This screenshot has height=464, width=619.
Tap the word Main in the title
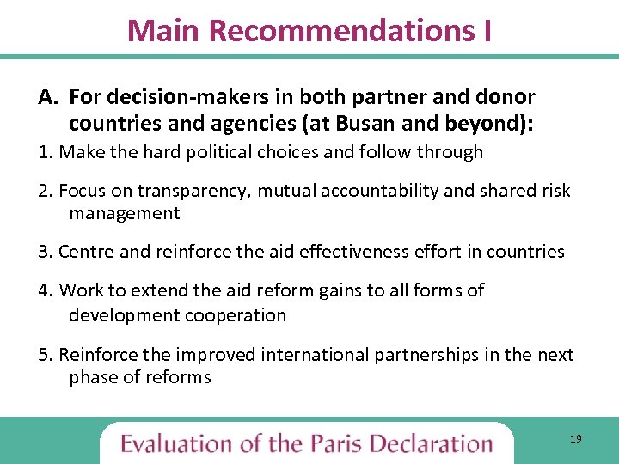pyautogui.click(x=164, y=31)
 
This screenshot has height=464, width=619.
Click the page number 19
pyautogui.click(x=575, y=439)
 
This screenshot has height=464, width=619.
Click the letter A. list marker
pyautogui.click(x=48, y=97)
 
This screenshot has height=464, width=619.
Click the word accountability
pyautogui.click(x=359, y=191)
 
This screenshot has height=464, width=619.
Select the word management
pyautogui.click(x=125, y=213)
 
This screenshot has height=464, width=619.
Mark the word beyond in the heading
pyautogui.click(x=492, y=125)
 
